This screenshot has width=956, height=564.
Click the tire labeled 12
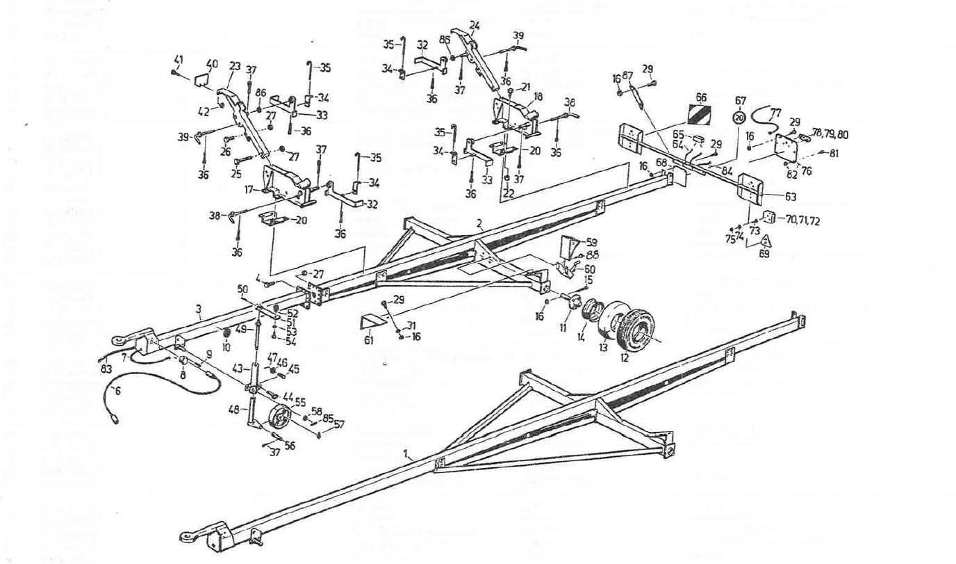(635, 331)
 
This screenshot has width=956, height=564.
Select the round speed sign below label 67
(739, 118)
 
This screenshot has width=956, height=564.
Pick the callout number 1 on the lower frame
(404, 453)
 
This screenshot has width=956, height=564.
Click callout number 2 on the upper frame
(479, 223)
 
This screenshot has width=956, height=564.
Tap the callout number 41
(179, 60)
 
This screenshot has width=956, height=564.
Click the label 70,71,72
(802, 220)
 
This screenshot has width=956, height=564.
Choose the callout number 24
(475, 25)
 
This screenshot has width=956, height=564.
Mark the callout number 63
(791, 197)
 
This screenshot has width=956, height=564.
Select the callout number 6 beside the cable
(117, 391)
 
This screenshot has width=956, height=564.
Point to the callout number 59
(591, 242)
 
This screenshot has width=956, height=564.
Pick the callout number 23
(235, 66)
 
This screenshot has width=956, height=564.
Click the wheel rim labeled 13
(611, 321)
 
